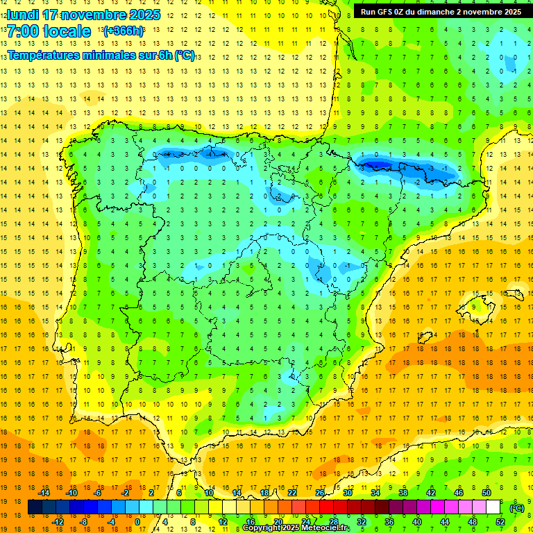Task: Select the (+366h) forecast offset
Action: pyautogui.click(x=123, y=31)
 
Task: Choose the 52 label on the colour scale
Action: pyautogui.click(x=500, y=522)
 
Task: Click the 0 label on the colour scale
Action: pyautogui.click(x=137, y=522)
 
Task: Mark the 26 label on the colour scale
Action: pyautogui.click(x=320, y=493)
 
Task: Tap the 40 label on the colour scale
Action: pyautogui.click(x=416, y=522)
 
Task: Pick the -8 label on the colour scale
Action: pyautogui.click(x=84, y=522)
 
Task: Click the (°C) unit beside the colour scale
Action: pyautogui.click(x=516, y=508)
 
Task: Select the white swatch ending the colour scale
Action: pyautogui.click(x=493, y=507)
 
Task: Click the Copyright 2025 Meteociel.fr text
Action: pyautogui.click(x=296, y=528)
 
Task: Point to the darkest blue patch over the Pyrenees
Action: pyautogui.click(x=375, y=164)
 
